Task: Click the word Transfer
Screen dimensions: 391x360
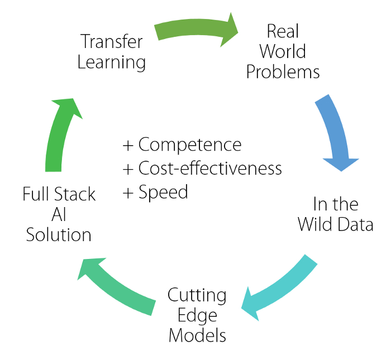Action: coord(112,41)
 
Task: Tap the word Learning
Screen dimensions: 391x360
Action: coord(112,63)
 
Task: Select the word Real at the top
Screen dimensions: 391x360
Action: coord(283,31)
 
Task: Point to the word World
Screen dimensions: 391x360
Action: coord(283,51)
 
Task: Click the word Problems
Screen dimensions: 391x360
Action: coord(283,72)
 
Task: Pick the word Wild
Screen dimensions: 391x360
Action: coord(316,224)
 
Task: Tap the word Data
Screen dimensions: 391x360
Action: coord(356,224)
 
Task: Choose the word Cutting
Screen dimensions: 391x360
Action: coord(197,295)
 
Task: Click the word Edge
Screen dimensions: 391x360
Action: coord(197,316)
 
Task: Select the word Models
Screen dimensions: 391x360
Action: coord(197,335)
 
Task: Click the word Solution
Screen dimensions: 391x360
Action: coord(59,234)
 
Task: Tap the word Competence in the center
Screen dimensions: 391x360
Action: coord(190,145)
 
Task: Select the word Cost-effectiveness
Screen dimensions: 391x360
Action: coord(210,168)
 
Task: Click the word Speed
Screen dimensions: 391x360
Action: coord(163,192)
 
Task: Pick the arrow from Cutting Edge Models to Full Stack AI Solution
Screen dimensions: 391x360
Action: coord(116,286)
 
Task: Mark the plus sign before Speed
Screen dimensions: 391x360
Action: coord(128,193)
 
